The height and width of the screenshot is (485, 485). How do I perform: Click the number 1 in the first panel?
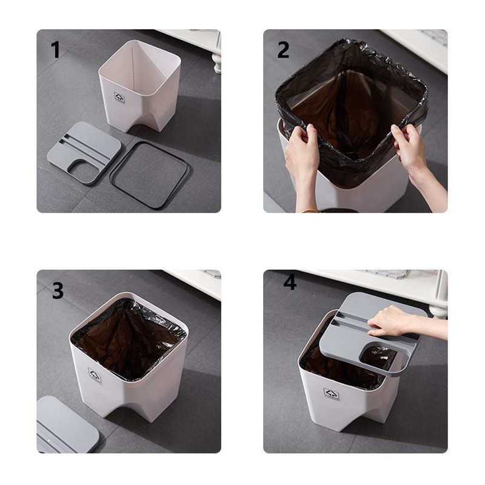pyautogui.click(x=56, y=49)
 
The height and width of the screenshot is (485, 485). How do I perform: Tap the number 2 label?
pyautogui.click(x=283, y=50)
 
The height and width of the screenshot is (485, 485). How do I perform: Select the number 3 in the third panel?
pyautogui.click(x=57, y=290)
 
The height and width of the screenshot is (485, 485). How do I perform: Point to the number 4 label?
pyautogui.click(x=290, y=283)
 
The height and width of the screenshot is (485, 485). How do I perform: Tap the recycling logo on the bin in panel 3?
pyautogui.click(x=95, y=374)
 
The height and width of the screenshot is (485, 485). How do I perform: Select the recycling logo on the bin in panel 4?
pyautogui.click(x=331, y=394)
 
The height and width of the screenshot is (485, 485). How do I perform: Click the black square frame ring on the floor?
pyautogui.click(x=150, y=175)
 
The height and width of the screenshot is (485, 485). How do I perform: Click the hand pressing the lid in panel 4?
pyautogui.click(x=394, y=320)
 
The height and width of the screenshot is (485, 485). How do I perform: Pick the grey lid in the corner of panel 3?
pyautogui.click(x=64, y=424)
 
